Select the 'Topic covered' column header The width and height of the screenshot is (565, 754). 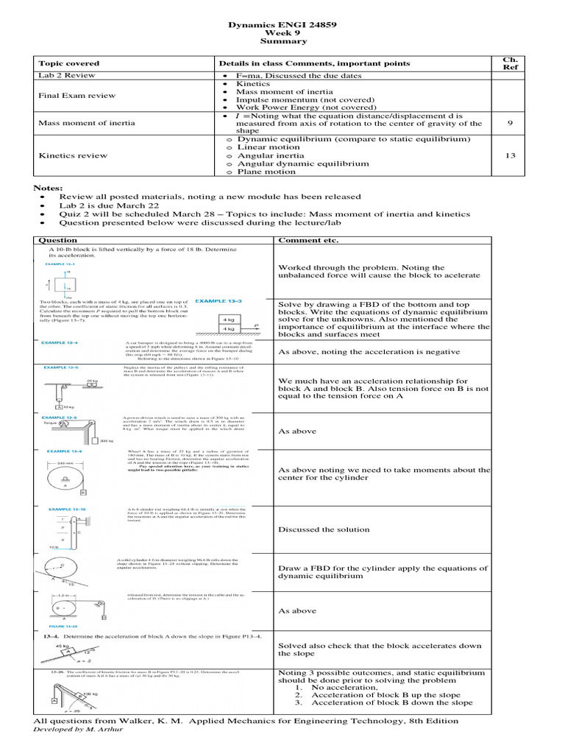coord(68,63)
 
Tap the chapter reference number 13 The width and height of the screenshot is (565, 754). coord(510,155)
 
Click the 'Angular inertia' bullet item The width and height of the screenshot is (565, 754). coord(273,155)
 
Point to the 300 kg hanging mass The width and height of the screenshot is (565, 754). coord(106,440)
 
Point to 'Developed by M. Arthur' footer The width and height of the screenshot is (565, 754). coord(78,730)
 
